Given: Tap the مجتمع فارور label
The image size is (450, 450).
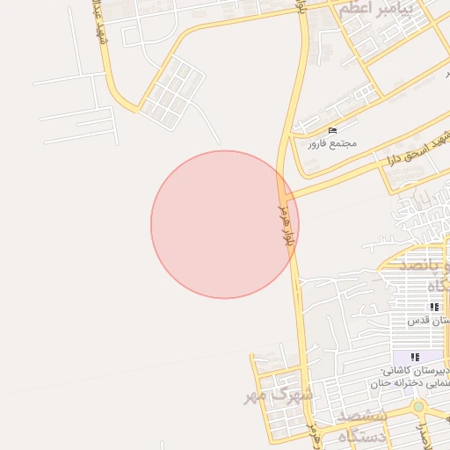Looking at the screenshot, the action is point(331,142).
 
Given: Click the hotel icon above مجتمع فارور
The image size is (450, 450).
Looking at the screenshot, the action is point(331,131).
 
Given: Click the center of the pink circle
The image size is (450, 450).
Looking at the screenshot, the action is point(225,224).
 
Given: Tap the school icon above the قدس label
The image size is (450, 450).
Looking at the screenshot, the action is point(434,307).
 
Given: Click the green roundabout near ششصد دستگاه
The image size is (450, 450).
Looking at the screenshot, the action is point(418,408).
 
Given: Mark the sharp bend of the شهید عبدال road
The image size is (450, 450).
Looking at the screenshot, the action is point(138,109).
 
